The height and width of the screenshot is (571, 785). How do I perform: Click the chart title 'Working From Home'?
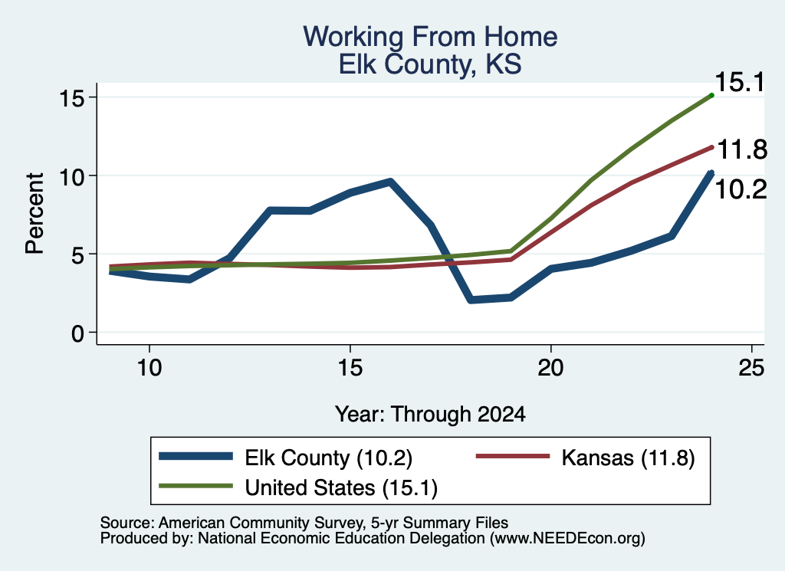(x=430, y=37)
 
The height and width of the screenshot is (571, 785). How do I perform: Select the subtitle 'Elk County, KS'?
(x=430, y=64)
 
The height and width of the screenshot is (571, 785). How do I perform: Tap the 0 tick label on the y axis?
(x=77, y=333)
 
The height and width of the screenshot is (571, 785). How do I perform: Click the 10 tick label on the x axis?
(x=149, y=368)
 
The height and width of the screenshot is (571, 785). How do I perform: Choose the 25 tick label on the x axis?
(x=751, y=368)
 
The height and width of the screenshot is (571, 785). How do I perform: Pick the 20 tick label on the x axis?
(x=550, y=368)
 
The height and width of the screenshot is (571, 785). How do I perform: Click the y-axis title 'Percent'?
(x=34, y=214)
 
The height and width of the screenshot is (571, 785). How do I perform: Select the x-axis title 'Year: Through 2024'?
(x=430, y=415)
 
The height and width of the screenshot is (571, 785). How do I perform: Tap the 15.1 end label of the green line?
(x=740, y=82)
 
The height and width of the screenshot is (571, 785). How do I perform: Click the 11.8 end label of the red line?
(x=742, y=149)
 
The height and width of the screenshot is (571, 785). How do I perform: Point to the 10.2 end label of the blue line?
(x=741, y=189)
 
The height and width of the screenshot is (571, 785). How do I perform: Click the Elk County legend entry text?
(x=328, y=458)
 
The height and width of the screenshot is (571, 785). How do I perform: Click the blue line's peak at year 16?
(x=390, y=182)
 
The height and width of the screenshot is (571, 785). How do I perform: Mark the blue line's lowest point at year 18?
(x=471, y=300)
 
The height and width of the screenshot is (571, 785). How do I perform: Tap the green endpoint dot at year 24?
(x=711, y=95)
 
